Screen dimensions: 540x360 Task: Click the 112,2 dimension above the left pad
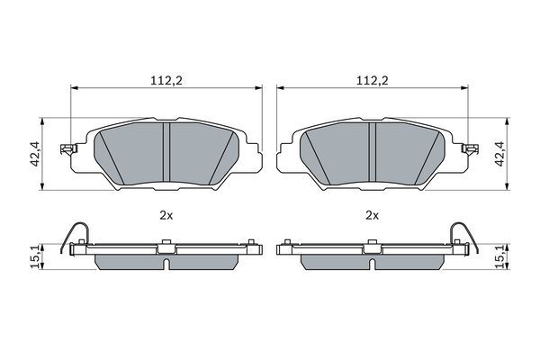pos(166,81)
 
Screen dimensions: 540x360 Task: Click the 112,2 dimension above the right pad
pos(372,81)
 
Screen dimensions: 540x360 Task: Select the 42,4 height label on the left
pos(35,154)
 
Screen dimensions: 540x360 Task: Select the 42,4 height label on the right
pos(499,154)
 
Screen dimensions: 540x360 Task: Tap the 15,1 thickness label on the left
pos(35,256)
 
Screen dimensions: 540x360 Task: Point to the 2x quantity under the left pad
pos(166,216)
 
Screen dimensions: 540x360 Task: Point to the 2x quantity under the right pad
pos(372,216)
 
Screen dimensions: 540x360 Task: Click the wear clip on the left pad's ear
pos(68,149)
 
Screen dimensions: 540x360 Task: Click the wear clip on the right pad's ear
pos(470,149)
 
